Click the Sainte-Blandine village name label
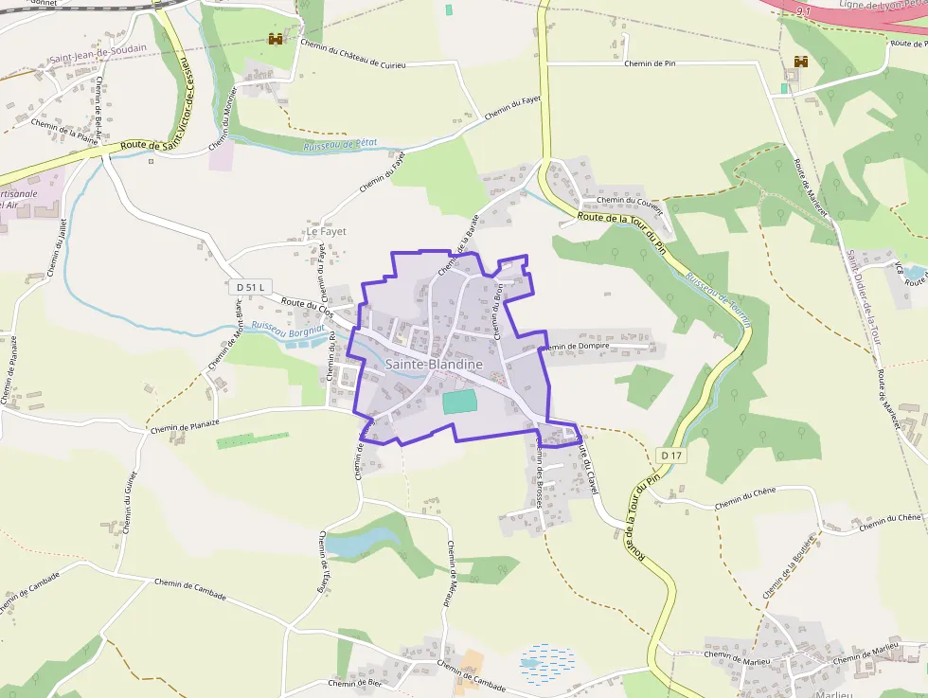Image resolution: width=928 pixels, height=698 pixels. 434,365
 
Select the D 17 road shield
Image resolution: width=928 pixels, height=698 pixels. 671,456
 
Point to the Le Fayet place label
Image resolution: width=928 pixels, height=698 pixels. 326,231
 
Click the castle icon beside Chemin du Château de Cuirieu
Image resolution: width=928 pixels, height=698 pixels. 276,39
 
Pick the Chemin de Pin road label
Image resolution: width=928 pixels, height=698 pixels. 650,63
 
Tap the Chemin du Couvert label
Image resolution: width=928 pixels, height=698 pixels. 628,200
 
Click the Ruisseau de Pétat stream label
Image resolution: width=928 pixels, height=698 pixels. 340,144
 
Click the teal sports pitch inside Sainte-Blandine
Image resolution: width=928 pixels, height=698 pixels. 460,402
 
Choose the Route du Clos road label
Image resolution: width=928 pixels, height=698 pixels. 308,306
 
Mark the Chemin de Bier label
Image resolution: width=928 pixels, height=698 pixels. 354,682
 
